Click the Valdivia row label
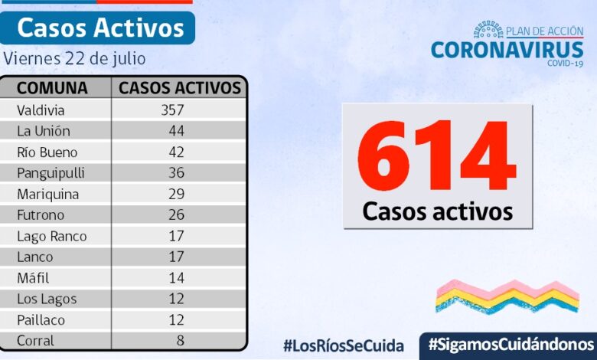(x=41, y=110)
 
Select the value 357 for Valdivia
(x=172, y=110)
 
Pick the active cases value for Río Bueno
(x=177, y=152)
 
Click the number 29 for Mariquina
(x=177, y=194)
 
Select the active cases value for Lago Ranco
(x=177, y=236)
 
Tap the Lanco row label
(x=35, y=257)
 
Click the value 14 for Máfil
(x=177, y=278)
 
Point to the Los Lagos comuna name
(x=47, y=299)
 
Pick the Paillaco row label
(x=41, y=319)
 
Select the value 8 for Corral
(x=180, y=340)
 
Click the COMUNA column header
(x=52, y=87)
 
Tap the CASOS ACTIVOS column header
(x=180, y=87)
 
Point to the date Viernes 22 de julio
(x=74, y=58)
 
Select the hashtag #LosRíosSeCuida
(x=343, y=345)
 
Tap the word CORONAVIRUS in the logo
(x=507, y=50)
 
